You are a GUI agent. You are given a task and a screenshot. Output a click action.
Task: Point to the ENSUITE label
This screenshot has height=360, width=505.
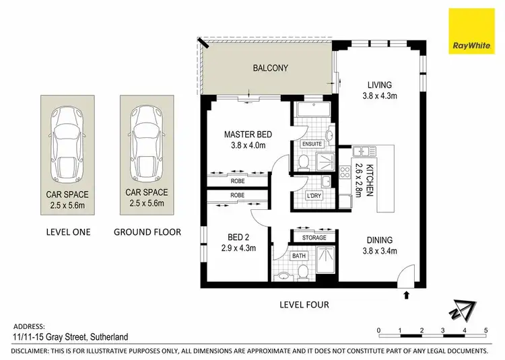[313, 144]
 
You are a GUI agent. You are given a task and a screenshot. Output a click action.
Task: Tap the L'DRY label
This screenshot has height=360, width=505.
[314, 196]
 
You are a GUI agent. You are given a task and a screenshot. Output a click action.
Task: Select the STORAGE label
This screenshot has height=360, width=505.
[314, 238]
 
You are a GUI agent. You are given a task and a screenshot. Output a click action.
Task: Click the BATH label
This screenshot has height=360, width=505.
[299, 256]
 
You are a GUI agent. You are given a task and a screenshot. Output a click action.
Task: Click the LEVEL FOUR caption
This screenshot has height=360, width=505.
[304, 305]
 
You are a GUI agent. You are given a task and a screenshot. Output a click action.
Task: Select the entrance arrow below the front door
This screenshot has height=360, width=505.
[407, 294]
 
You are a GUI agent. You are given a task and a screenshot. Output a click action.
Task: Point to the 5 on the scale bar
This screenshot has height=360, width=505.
[485, 330]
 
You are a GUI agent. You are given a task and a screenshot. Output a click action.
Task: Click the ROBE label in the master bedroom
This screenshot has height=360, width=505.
[236, 182]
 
